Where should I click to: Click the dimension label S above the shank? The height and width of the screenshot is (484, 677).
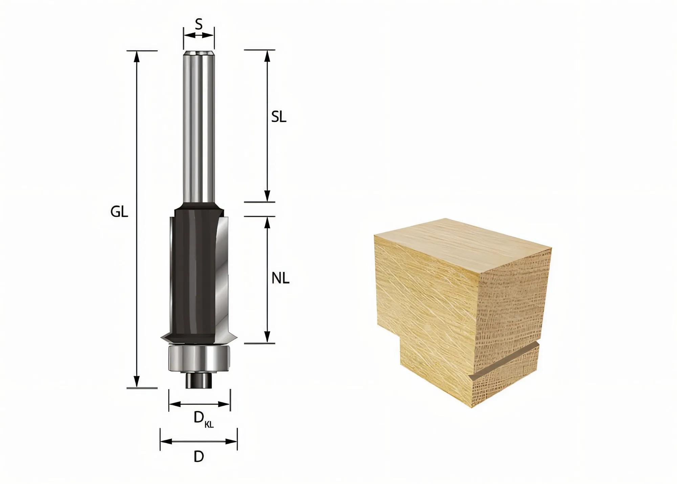click(x=199, y=24)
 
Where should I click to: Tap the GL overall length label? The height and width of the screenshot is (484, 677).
click(x=119, y=212)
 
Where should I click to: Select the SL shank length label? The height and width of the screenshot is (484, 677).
click(x=279, y=117)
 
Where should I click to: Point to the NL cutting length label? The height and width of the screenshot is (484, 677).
click(x=280, y=279)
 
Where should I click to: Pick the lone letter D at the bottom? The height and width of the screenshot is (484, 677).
click(x=199, y=457)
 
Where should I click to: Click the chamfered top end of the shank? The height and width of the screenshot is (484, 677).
click(x=199, y=54)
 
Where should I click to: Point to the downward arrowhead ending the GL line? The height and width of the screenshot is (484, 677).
click(x=136, y=381)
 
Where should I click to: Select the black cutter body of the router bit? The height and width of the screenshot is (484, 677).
click(x=191, y=271)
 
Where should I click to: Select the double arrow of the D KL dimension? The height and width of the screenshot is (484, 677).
click(x=199, y=404)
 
